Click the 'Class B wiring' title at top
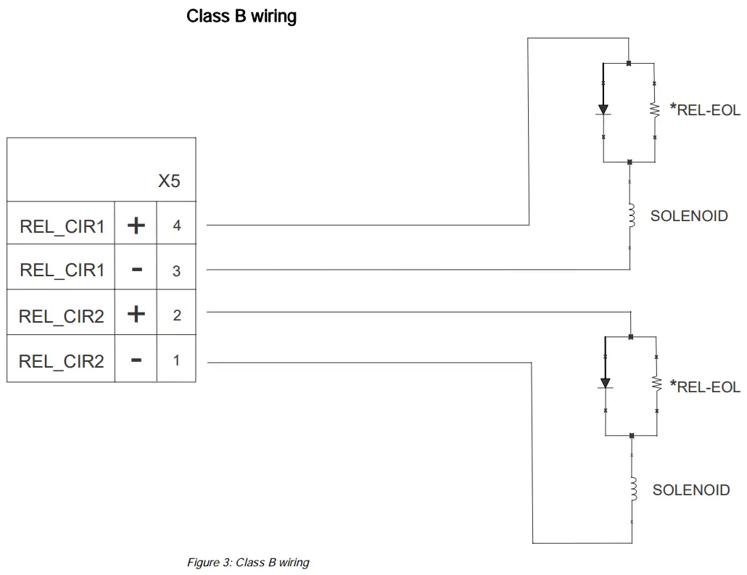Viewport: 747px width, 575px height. point(242,16)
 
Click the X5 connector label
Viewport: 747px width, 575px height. point(169,181)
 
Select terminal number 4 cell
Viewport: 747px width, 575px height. point(176,226)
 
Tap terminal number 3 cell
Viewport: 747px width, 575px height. point(176,270)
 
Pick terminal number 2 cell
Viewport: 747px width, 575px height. point(176,315)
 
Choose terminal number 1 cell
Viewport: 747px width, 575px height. point(176,360)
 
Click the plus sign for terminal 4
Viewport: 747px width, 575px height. point(136,226)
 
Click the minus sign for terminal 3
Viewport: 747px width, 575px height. point(136,270)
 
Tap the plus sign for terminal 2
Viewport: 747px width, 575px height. point(136,315)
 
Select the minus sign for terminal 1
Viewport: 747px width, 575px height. point(136,360)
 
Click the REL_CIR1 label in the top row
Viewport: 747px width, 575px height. point(62,226)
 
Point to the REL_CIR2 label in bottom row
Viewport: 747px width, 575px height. point(62,360)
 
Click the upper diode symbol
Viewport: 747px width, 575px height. point(603,109)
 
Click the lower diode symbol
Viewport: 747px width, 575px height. point(605,383)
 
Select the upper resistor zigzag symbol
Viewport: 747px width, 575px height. point(655,109)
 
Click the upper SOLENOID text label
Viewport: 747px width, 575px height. point(688,216)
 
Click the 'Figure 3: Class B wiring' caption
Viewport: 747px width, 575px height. point(248,563)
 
